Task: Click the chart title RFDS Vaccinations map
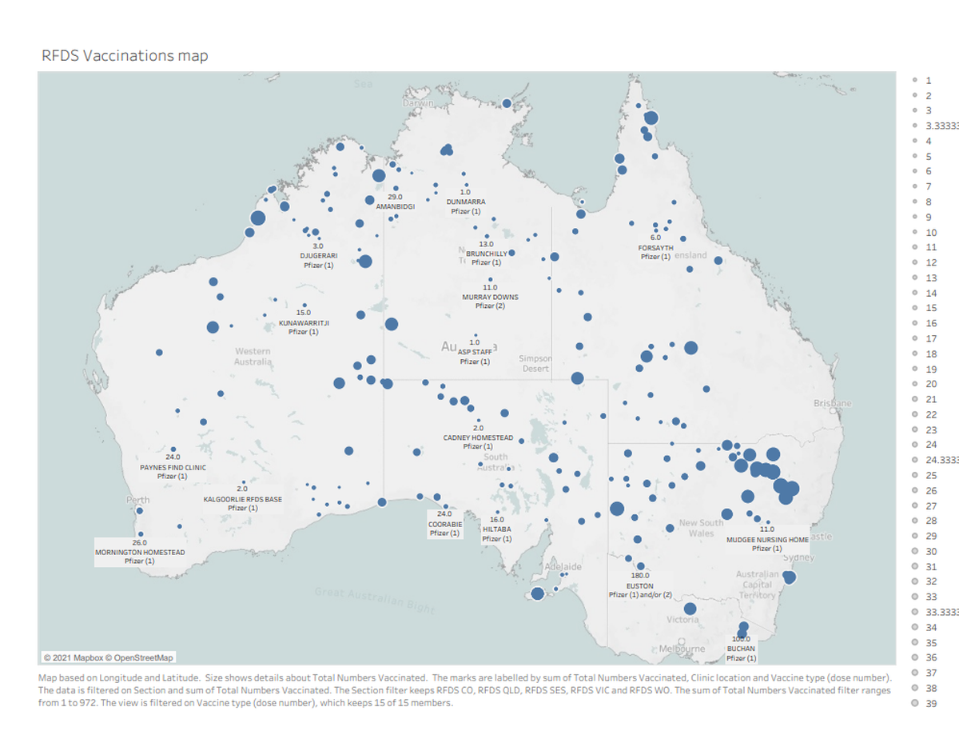pos(125,55)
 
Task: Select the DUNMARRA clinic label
pos(465,202)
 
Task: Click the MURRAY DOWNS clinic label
pos(490,297)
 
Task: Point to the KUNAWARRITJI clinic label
pos(304,322)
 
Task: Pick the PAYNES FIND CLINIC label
pos(173,467)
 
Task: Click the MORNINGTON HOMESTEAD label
pos(140,552)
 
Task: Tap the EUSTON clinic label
pos(640,585)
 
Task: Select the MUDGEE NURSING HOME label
pos(767,539)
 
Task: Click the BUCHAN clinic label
pos(741,649)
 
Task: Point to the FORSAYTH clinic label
pos(655,248)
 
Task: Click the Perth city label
pos(137,500)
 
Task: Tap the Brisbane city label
pos(832,404)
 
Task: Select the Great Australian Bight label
pos(374,600)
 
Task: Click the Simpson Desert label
pos(535,363)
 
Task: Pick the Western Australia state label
pos(253,357)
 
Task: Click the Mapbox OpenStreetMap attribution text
pos(108,657)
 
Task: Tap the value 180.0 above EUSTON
pos(640,575)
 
